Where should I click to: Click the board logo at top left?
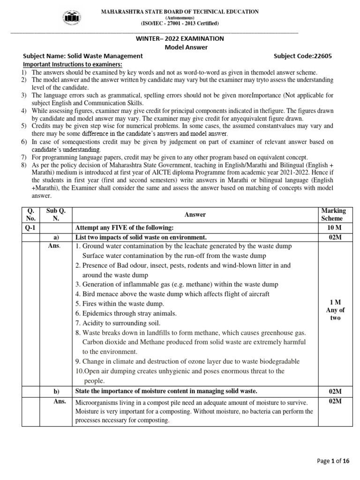click(68, 17)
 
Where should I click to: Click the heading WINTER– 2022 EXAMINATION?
click(180, 38)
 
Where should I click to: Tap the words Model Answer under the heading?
click(180, 47)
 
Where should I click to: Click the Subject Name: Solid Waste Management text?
click(83, 56)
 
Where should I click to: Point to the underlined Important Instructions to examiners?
click(73, 64)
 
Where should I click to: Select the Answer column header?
click(195, 215)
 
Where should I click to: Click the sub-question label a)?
click(56, 237)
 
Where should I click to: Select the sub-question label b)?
click(56, 391)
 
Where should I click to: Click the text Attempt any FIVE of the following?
click(125, 228)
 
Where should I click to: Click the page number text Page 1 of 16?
click(333, 461)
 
